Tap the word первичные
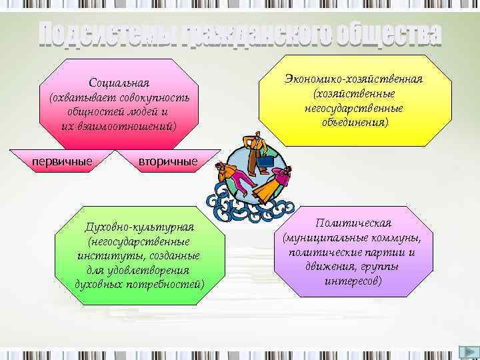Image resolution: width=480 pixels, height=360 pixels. point(62,161)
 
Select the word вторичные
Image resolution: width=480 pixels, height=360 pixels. point(168,162)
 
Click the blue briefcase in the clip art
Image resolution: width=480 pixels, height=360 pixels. point(265,161)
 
